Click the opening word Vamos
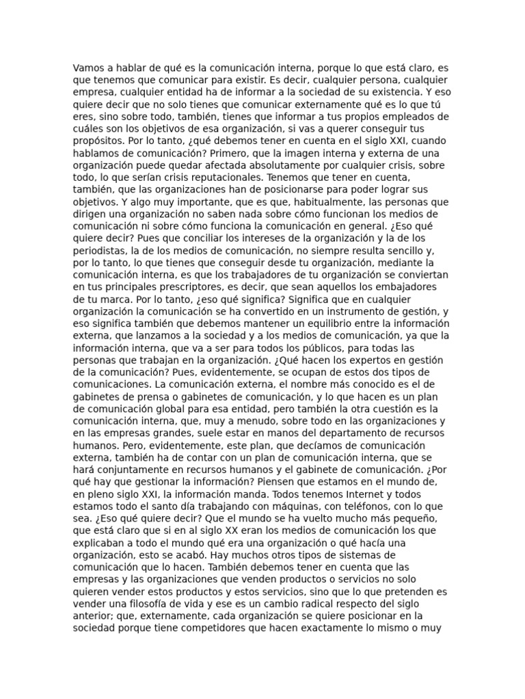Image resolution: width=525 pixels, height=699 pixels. (x=88, y=68)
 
